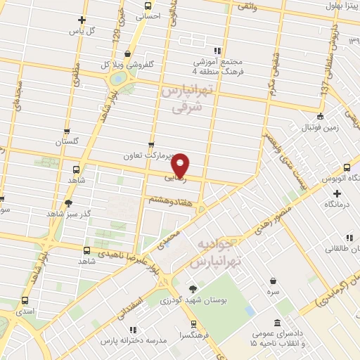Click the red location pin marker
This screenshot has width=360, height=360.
[x=181, y=165]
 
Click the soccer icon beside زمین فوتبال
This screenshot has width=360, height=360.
[x=321, y=116]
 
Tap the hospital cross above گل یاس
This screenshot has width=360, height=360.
[x=82, y=20]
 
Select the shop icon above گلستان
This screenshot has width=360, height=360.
[x=67, y=130]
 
